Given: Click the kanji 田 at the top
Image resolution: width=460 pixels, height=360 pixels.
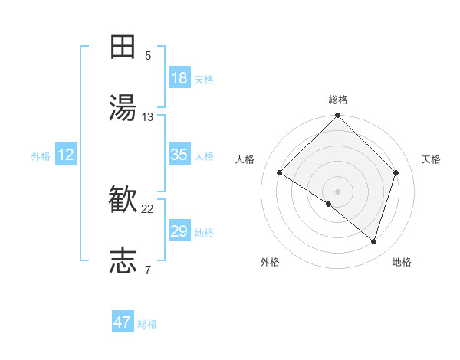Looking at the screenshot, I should point(123,47).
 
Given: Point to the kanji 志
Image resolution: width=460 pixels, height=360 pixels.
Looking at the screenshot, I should point(123,261).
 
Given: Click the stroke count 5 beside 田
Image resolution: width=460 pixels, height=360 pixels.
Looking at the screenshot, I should point(148,55).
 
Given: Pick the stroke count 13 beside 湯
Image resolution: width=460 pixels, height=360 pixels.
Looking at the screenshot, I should point(148,117).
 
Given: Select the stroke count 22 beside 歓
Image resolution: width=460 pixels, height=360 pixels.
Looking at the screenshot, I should point(148,209).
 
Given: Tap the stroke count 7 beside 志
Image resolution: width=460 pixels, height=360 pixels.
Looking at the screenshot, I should point(148,270).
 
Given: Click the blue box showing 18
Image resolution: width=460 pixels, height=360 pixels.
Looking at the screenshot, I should point(179,78).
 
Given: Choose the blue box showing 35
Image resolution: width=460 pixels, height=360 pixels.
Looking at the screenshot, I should point(179,155).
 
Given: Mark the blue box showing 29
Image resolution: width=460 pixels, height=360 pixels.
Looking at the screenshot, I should point(179,231).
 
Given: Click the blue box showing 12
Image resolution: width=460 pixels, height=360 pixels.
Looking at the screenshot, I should point(66,155).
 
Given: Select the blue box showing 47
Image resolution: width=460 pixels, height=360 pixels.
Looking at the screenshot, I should point(123,322).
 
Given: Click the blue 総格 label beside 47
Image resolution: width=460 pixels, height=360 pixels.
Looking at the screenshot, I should point(148,324).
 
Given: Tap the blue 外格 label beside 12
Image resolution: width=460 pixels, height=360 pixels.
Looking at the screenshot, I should point(41,156).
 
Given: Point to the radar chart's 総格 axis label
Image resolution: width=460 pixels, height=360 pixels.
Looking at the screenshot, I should point(338,100).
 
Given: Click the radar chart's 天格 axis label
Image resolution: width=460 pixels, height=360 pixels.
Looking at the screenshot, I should point(431,159).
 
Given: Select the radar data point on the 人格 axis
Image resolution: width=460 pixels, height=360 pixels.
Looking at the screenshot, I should point(280,173).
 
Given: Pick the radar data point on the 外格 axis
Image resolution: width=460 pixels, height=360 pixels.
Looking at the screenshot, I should point(328,204).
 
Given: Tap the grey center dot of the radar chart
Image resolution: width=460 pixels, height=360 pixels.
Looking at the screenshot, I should point(338,191).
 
